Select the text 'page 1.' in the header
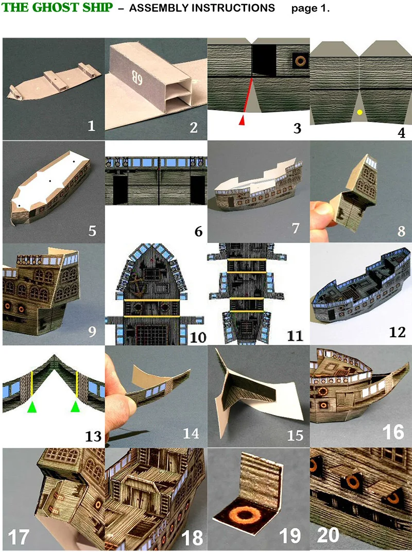click(310, 9)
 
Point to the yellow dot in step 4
click(360, 112)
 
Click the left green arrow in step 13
click(32, 407)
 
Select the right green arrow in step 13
click(76, 407)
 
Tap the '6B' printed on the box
click(135, 65)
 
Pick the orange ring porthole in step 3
click(298, 61)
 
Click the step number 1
click(91, 126)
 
